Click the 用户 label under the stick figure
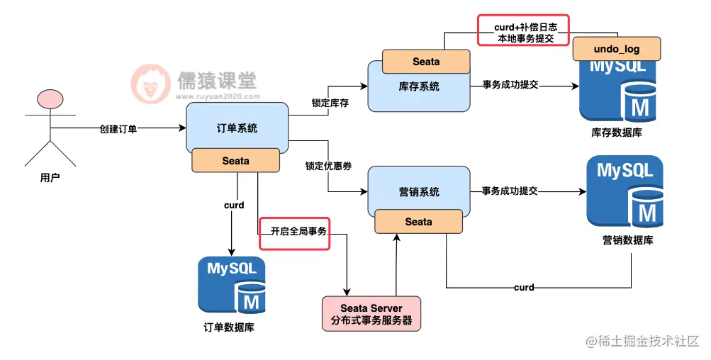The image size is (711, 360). click(50, 177)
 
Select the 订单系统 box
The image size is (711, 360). click(237, 128)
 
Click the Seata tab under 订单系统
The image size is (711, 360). click(235, 161)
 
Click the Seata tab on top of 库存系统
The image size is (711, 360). click(426, 62)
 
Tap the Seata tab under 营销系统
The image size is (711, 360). click(419, 222)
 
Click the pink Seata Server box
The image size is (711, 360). click(371, 314)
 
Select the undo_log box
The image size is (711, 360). click(617, 49)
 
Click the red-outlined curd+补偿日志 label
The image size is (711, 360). click(524, 30)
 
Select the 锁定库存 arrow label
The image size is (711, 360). click(330, 103)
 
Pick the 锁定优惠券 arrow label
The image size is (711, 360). click(329, 166)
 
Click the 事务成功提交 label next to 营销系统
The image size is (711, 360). click(510, 191)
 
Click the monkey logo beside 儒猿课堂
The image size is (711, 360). click(150, 84)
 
